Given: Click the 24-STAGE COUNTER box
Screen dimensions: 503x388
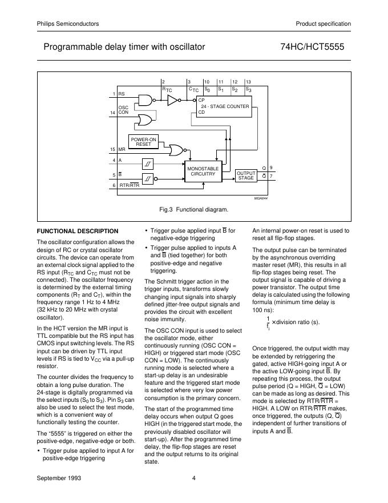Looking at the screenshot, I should [x=224, y=107].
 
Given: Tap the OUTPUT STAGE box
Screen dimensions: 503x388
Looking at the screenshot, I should [x=246, y=175].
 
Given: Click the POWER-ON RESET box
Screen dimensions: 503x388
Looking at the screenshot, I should [x=144, y=141].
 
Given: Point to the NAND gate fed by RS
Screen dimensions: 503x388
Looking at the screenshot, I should [x=148, y=101].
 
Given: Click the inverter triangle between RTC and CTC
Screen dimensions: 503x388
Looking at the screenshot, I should [x=172, y=101].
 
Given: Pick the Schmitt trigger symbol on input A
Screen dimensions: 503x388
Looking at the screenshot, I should [x=148, y=163].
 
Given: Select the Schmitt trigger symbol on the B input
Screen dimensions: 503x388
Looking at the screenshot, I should [x=148, y=178].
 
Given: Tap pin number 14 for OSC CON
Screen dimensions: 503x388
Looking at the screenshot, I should [x=113, y=113].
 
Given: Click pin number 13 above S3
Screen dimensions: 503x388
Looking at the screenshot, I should [x=248, y=83].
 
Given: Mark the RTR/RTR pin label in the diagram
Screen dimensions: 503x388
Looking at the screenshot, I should [x=129, y=186].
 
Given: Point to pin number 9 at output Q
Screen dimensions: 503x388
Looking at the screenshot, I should [x=271, y=167].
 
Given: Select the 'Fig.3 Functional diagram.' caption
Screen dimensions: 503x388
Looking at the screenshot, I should [x=193, y=210].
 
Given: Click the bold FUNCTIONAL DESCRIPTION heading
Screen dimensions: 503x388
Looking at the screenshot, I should [x=78, y=231].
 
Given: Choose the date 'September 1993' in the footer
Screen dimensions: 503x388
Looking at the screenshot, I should [x=59, y=478].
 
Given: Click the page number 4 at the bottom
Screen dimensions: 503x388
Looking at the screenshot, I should [x=194, y=478].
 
